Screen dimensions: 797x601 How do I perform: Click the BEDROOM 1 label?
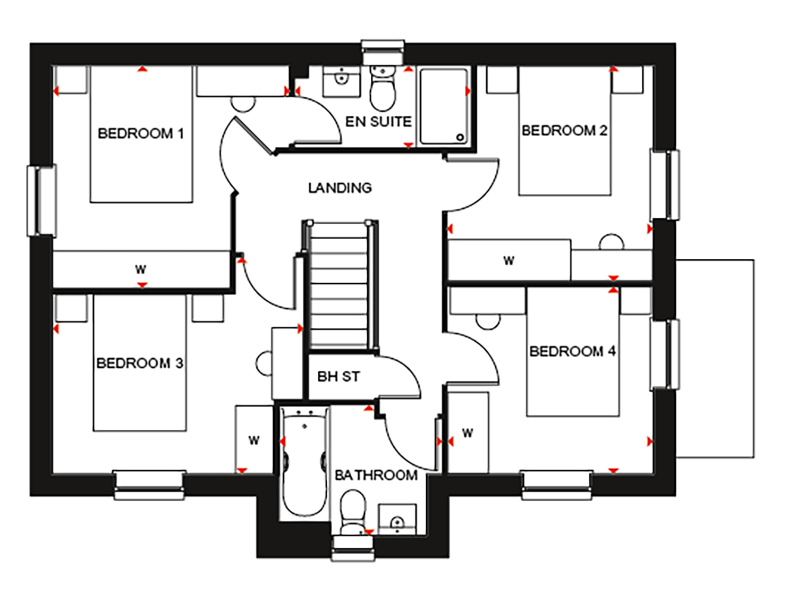coord(141,133)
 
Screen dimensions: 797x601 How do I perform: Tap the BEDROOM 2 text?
coord(564,130)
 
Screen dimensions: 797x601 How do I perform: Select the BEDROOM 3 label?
coord(140,363)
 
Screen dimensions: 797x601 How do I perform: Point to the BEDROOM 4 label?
coord(573,351)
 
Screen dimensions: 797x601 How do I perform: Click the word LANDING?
coord(340,188)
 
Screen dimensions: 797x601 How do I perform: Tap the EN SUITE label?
coord(378,121)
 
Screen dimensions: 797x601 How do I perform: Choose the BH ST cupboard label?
coord(338,377)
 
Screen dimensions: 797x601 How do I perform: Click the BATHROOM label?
coord(376,475)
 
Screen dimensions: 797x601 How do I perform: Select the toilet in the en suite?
coord(383,88)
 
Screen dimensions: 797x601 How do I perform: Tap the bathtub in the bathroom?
coord(305,462)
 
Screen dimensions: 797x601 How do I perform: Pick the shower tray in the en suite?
coord(444,106)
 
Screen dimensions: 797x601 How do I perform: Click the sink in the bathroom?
coord(397,519)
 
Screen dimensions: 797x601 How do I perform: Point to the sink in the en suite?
coord(341,81)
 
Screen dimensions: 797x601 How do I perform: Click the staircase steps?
coord(339,286)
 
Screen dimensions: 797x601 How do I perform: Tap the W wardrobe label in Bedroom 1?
coord(140,269)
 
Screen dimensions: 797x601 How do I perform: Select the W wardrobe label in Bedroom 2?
coord(508,260)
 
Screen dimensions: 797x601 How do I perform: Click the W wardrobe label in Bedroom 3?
coord(254,440)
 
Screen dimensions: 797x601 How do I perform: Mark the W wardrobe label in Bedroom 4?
coord(468,433)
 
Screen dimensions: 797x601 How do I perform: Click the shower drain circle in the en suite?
coord(460,137)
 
